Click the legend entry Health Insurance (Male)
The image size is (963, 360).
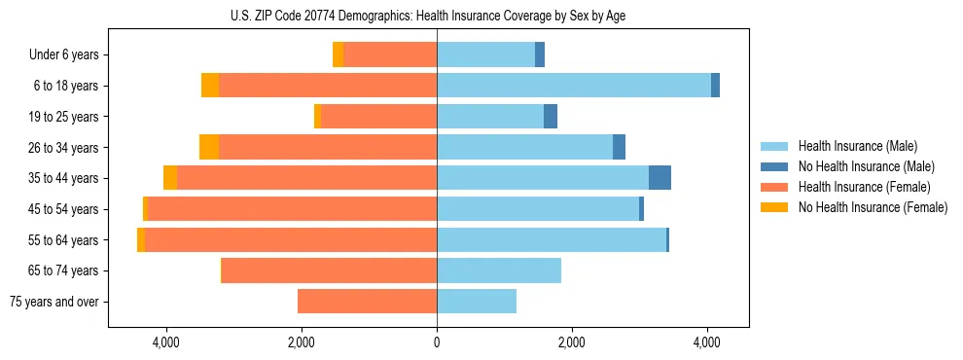click(x=856, y=146)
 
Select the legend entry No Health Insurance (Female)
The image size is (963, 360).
click(x=872, y=207)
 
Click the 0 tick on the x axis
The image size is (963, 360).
click(x=437, y=342)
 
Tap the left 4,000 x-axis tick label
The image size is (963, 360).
click(x=166, y=342)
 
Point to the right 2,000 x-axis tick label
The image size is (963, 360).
click(x=572, y=342)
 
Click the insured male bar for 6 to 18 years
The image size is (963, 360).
click(x=574, y=86)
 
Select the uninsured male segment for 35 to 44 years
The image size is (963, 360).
click(x=660, y=178)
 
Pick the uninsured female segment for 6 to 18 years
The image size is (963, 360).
click(x=210, y=86)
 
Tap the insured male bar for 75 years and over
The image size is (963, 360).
click(x=477, y=302)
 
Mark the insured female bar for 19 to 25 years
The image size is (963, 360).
click(x=379, y=117)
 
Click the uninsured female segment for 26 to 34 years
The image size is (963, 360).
click(x=209, y=147)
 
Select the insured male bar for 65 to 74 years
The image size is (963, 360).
click(x=499, y=270)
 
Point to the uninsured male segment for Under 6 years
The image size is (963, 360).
click(x=540, y=54)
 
